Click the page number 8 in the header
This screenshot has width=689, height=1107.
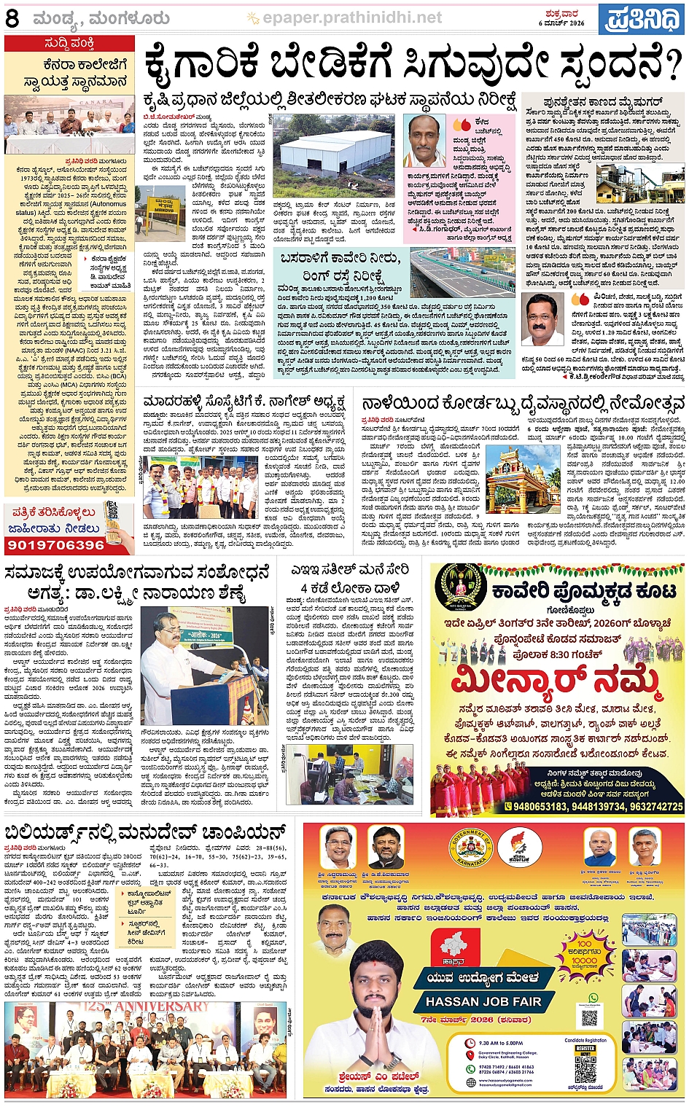pyautogui.click(x=12, y=18)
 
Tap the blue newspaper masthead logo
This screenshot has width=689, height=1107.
pyautogui.click(x=642, y=18)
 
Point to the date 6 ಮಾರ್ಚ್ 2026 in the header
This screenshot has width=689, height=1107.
pyautogui.click(x=561, y=23)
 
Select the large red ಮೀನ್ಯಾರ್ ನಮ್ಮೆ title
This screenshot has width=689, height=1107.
pyautogui.click(x=557, y=681)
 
